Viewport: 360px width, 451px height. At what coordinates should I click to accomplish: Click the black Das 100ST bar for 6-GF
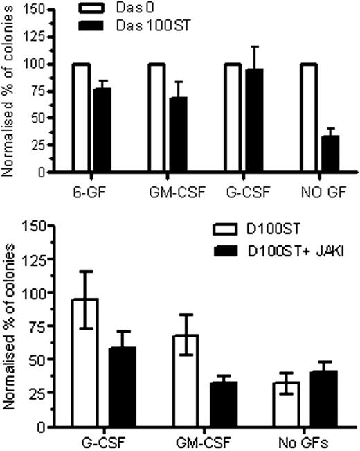(102, 130)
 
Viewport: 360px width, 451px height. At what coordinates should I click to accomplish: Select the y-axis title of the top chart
(8, 90)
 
